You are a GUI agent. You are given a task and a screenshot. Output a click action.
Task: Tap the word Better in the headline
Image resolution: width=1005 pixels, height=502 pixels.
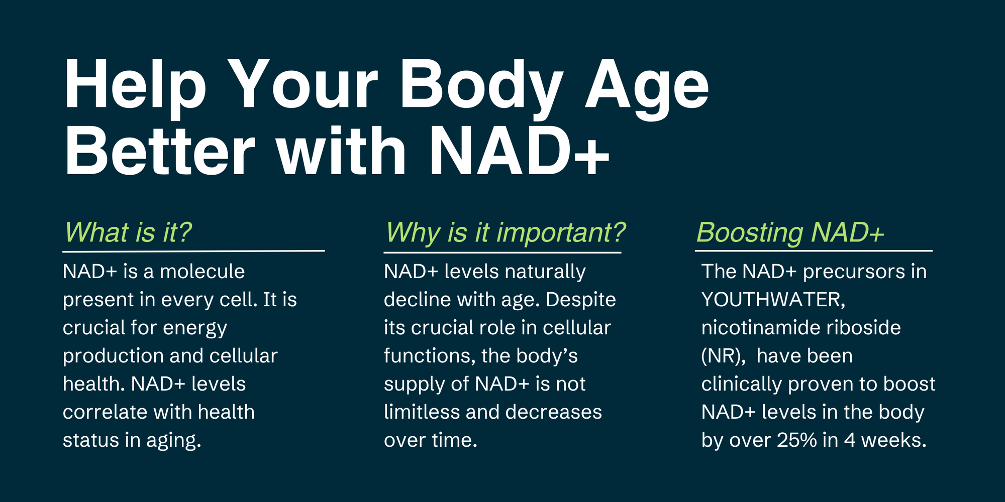pos(160,151)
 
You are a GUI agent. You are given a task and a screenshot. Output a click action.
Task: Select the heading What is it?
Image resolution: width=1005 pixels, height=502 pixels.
pos(128,233)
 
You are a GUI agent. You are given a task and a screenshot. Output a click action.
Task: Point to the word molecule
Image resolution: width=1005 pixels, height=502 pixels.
pos(202,272)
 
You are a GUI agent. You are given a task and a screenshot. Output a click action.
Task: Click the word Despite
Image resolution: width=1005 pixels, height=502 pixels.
pos(580,300)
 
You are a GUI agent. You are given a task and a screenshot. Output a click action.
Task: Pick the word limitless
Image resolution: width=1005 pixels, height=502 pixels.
pos(422,412)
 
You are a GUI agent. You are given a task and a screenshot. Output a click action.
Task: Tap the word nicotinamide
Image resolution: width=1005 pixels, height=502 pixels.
pos(761,328)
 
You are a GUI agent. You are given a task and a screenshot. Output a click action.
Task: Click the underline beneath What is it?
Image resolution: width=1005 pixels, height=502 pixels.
pos(193,250)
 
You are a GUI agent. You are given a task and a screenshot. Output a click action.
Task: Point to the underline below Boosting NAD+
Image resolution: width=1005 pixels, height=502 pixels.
pos(814,250)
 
